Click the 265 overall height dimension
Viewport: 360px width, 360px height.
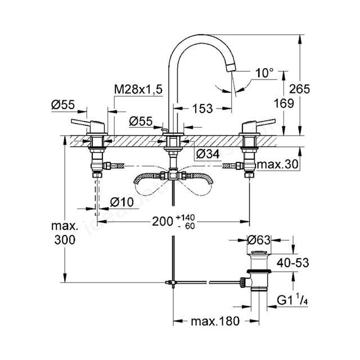pos(299,89)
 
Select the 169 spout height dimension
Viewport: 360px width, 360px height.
pos(284,103)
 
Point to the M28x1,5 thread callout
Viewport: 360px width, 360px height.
pos(138,89)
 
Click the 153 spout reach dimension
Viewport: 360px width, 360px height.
pos(202,109)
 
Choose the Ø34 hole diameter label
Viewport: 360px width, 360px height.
pos(208,154)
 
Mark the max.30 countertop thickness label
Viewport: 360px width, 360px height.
pos(277,164)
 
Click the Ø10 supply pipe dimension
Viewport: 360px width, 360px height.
pos(121,202)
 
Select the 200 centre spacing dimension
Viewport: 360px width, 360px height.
pos(163,222)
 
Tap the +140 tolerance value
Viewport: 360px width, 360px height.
pos(186,217)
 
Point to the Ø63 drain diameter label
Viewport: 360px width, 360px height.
pos(259,240)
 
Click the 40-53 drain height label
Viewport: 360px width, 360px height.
pos(292,263)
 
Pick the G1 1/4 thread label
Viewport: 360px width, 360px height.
pos(292,300)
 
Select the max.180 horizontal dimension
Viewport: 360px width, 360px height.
pos(215,321)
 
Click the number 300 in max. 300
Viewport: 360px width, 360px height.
pos(65,240)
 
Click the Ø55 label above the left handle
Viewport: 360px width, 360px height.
pos(64,105)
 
